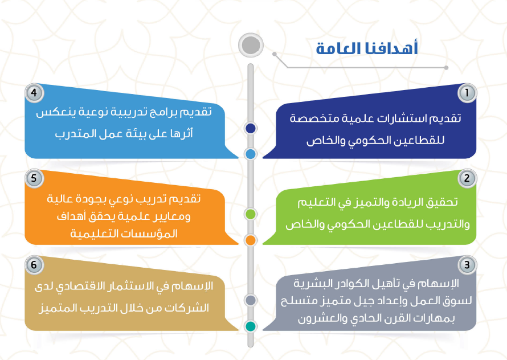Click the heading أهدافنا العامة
tap(367, 48)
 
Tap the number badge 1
tap(467, 93)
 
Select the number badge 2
tap(467, 178)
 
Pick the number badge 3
tap(467, 265)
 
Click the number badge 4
tap(34, 93)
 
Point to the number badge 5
tap(34, 178)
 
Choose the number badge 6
tap(34, 265)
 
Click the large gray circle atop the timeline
tap(251, 45)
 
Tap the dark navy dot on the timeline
tap(251, 128)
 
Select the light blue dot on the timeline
tap(251, 154)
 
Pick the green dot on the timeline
tap(251, 214)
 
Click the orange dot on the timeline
tap(251, 240)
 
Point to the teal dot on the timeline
tap(251, 326)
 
